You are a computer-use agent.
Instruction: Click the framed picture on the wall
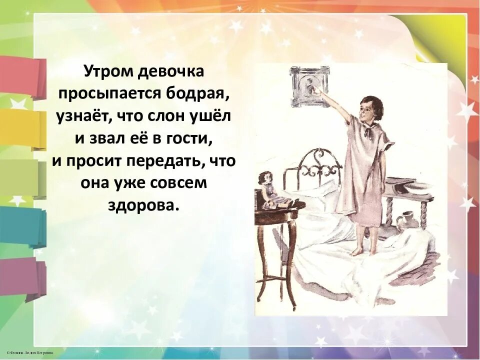[309, 86]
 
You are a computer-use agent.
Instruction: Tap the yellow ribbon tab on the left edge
[20, 129]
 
